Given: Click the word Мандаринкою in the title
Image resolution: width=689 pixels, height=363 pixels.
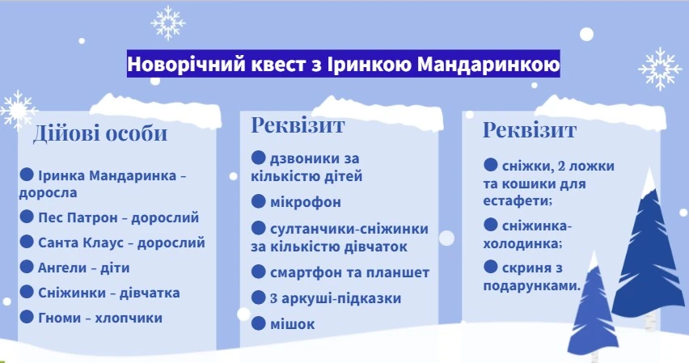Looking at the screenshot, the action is pos(488,64).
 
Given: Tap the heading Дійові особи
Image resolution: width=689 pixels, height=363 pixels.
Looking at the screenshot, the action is pos(100,133).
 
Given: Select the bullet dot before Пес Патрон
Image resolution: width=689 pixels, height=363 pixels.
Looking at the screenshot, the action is pos(27,216).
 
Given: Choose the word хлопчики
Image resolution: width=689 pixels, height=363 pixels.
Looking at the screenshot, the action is pos(129,318).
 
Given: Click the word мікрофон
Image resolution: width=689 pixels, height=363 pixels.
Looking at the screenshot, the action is pos(306,202).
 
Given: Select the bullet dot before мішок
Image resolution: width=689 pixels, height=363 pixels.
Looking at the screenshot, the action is pos(259,323).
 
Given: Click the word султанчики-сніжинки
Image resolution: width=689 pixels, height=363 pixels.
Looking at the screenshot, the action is pos(349,229).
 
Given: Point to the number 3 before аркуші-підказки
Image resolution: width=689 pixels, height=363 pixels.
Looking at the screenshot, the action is pos(273,298).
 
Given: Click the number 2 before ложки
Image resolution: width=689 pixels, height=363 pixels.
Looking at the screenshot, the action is pos(561,166).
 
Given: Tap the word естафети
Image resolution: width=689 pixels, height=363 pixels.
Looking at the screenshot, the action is pos(518,200).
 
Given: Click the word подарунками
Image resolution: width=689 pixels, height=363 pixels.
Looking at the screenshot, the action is pos(531,285).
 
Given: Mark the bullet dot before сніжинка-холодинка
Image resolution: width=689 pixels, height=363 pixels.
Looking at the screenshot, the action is pos(490,225).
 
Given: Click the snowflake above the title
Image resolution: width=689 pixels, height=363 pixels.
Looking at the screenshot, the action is pos(168,23).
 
